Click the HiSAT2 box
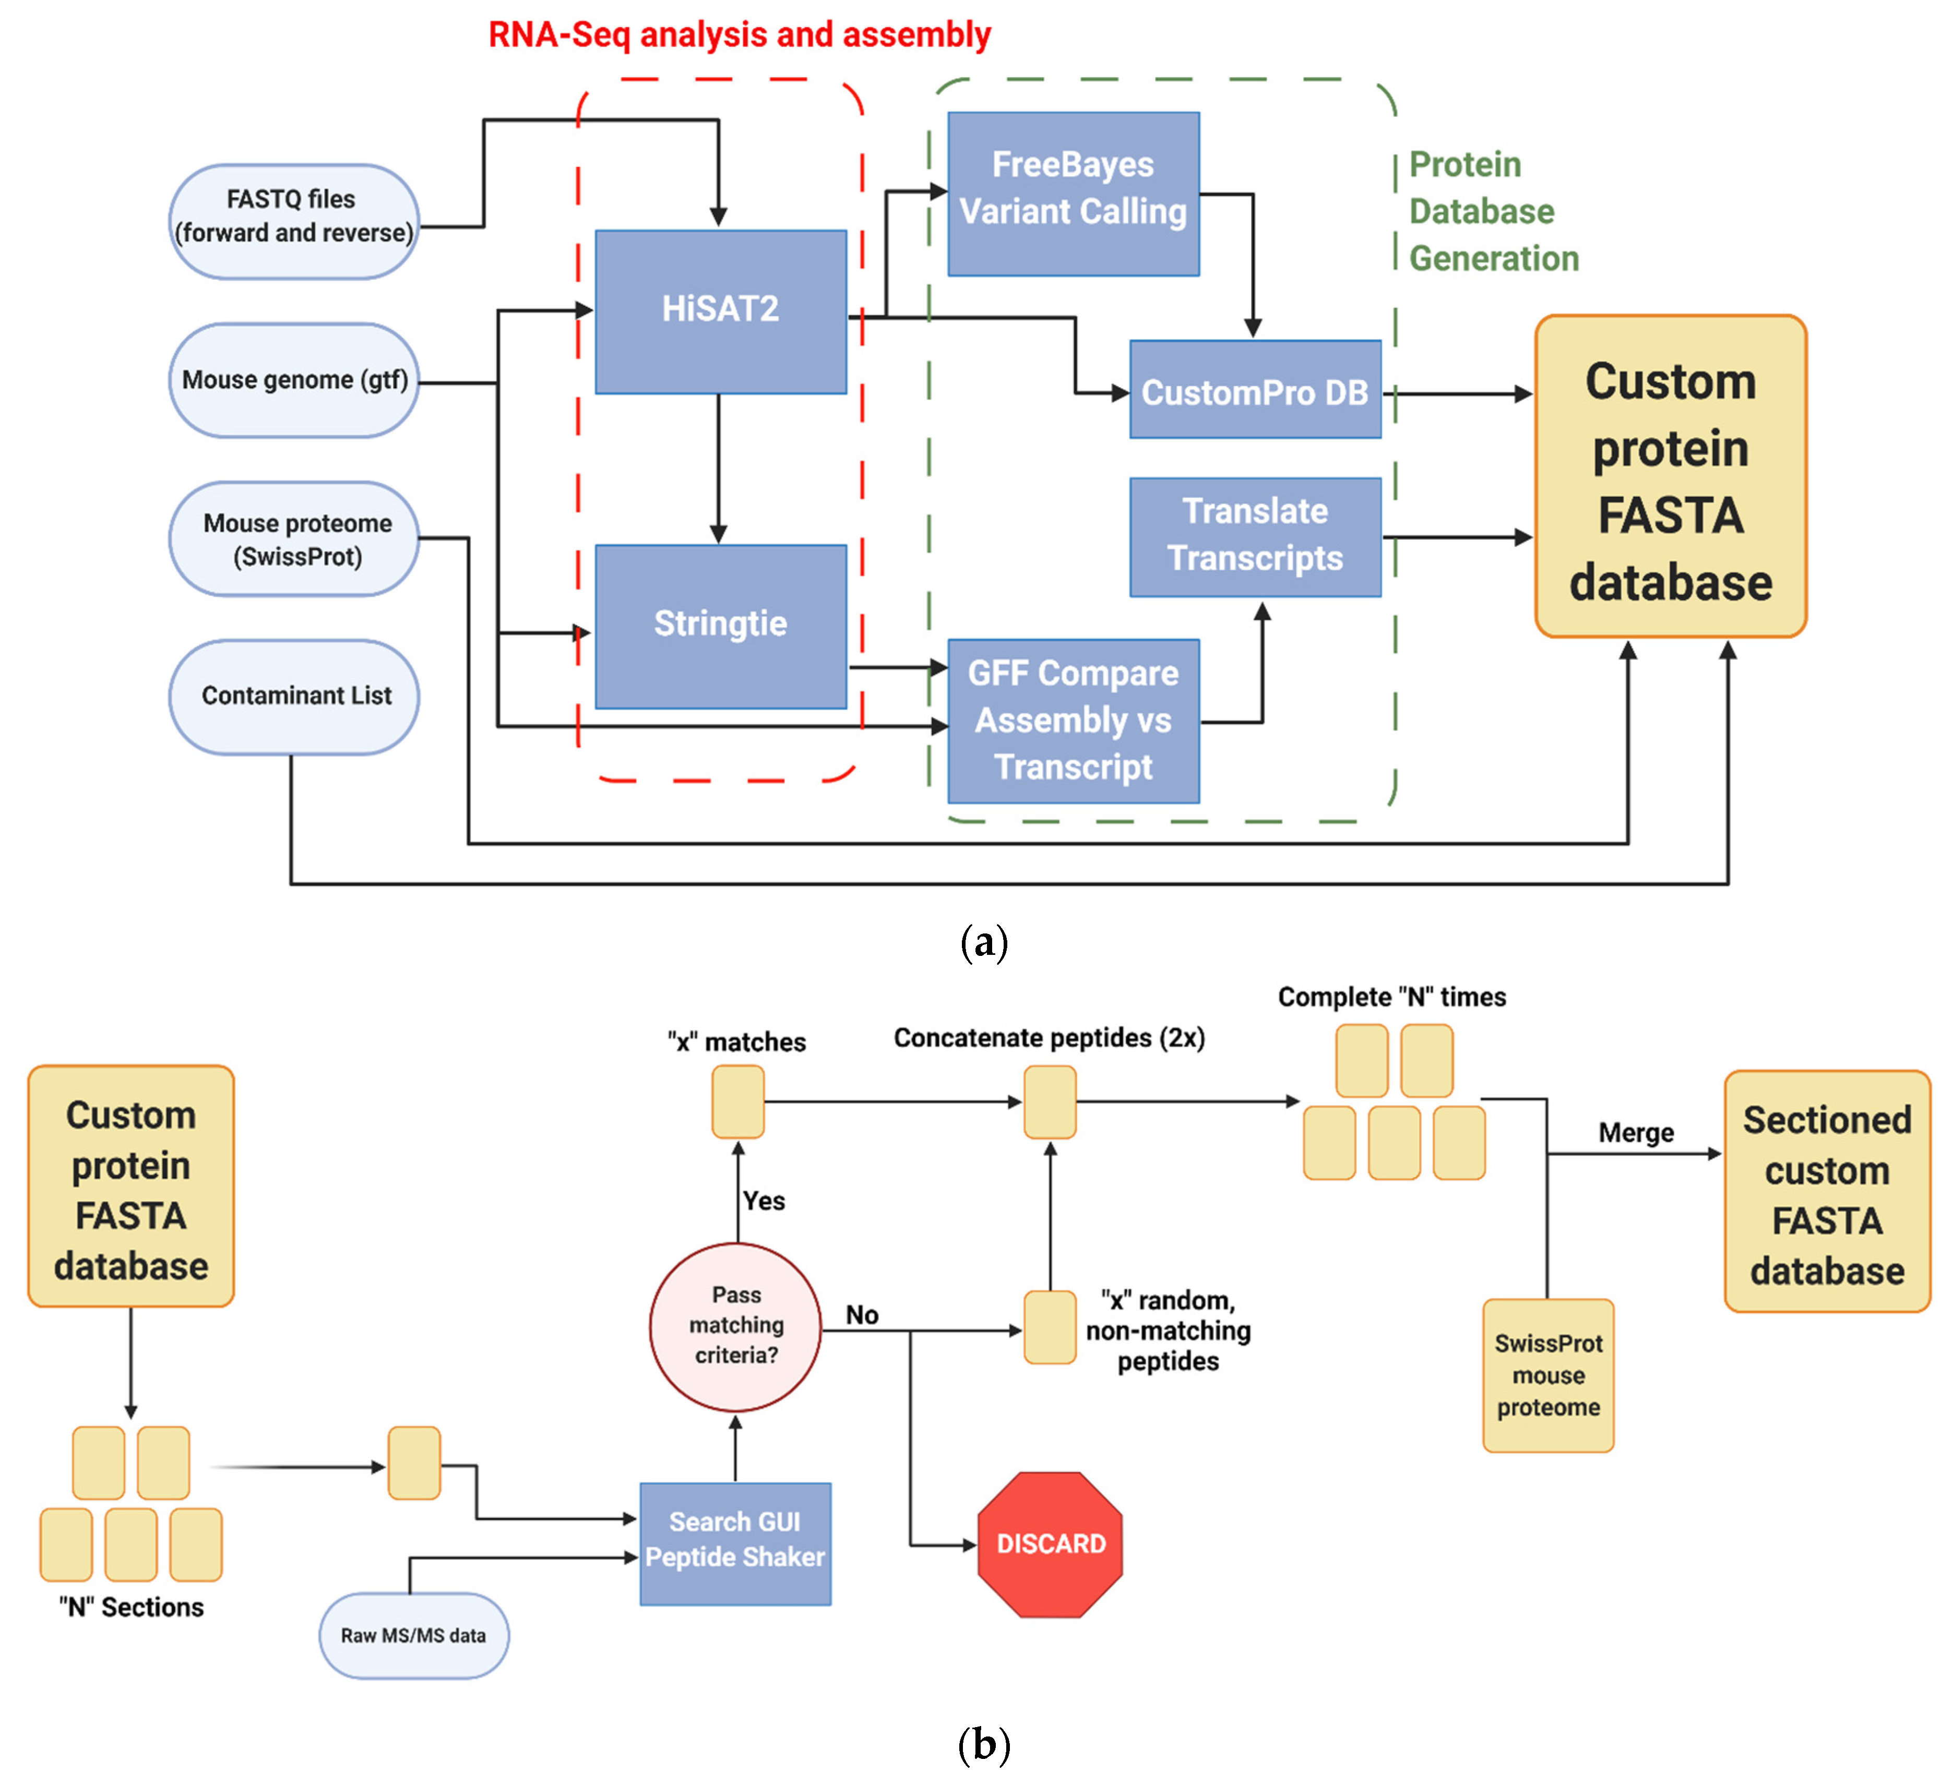(720, 311)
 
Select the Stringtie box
(720, 626)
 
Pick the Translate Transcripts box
(1255, 536)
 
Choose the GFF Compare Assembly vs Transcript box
(1073, 721)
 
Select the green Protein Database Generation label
(1492, 211)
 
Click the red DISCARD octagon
(1050, 1544)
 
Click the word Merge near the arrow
(1635, 1132)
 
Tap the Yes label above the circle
(764, 1201)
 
